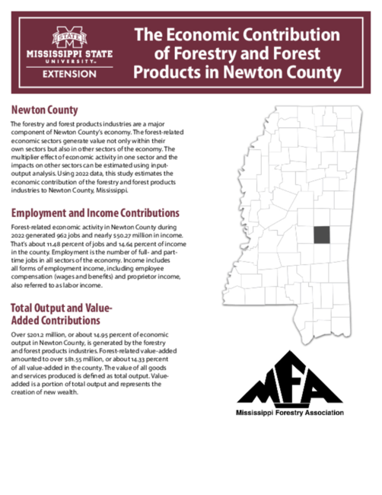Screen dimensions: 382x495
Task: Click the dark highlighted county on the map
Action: pyautogui.click(x=322, y=235)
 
